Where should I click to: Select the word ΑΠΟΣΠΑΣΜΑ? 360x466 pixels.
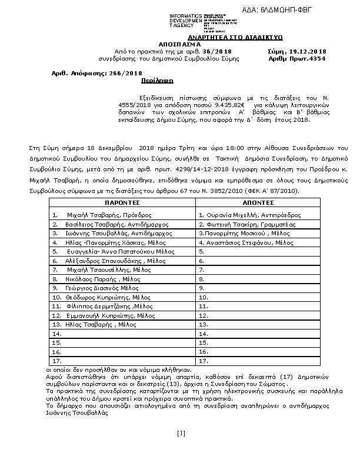click(x=179, y=44)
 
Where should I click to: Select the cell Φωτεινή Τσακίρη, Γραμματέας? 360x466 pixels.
click(x=238, y=224)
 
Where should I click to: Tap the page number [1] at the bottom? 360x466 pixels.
click(x=181, y=434)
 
